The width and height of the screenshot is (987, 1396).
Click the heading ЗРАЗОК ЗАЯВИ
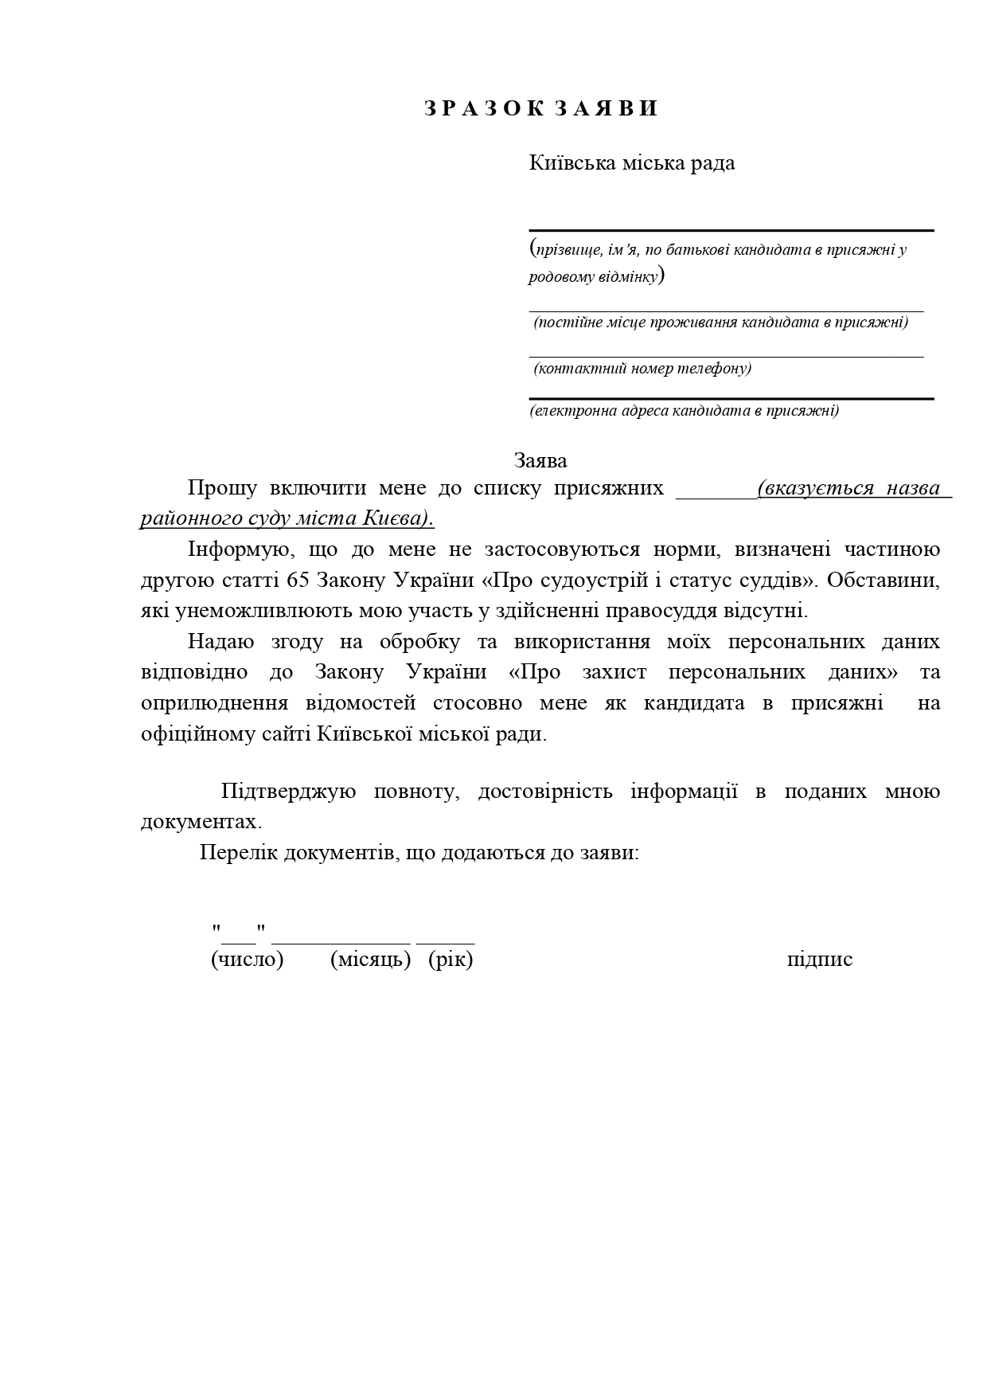[x=541, y=109]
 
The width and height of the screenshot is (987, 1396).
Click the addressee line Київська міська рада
[x=632, y=163]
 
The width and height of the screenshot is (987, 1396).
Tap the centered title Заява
[x=540, y=461]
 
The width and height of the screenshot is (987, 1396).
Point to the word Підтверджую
[x=288, y=792]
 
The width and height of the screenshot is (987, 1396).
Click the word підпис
[x=819, y=959]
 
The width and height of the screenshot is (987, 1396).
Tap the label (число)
[x=247, y=959]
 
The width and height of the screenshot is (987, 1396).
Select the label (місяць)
[x=370, y=959]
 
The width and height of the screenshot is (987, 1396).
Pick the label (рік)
[x=451, y=959]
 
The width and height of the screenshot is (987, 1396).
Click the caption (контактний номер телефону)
[x=642, y=369]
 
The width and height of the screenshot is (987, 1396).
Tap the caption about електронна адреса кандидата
[x=685, y=411]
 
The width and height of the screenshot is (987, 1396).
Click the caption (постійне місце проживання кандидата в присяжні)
[x=720, y=323]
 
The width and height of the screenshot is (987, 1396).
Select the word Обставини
[x=884, y=581]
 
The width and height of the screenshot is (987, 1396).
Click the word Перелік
[x=237, y=853]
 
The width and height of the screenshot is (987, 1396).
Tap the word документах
[x=201, y=822]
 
